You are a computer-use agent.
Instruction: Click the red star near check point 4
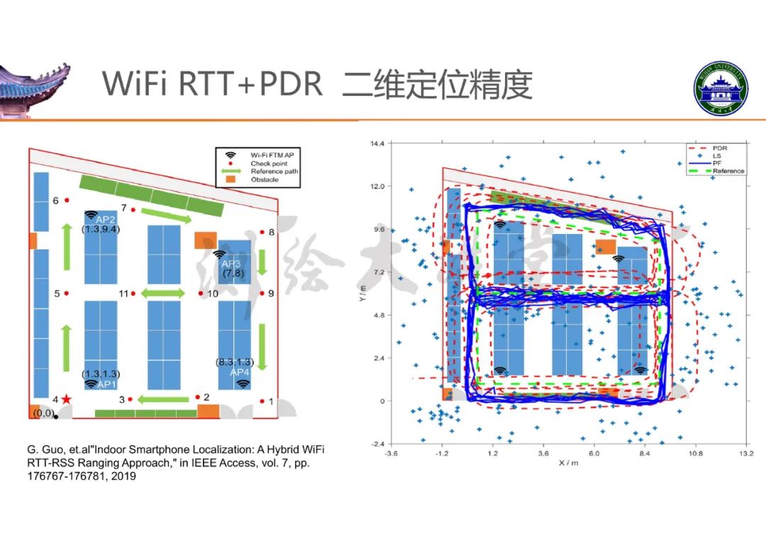67,399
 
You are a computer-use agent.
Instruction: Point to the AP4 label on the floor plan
240,372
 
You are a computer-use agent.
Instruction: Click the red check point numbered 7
133,209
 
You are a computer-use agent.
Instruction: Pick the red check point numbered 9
262,293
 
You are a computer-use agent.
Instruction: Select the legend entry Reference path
274,171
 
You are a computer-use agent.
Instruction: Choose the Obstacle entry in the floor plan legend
264,180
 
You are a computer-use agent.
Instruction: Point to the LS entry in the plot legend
716,156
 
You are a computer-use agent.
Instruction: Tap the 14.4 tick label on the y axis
377,144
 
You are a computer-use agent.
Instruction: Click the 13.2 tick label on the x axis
746,452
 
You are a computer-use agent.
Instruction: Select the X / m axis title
568,462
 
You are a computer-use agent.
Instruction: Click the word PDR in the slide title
291,84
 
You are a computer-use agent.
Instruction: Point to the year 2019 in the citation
123,476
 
